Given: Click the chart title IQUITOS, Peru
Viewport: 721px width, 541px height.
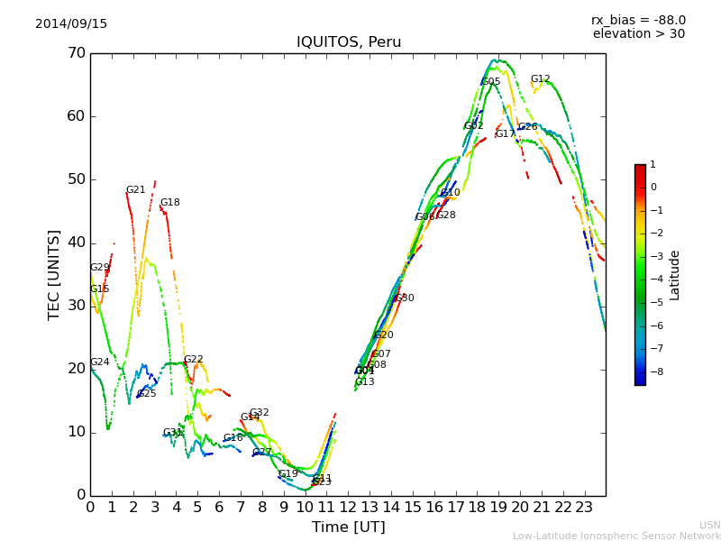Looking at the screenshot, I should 349,42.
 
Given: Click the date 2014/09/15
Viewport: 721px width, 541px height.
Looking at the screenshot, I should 71,24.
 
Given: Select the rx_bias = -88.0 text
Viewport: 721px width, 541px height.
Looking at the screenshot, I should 638,20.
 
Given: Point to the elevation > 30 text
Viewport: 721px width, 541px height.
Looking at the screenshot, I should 638,34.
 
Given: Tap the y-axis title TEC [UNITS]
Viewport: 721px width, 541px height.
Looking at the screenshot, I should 54,274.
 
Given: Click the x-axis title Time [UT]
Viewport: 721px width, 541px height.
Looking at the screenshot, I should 348,527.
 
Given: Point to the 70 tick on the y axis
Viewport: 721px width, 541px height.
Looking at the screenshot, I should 76,53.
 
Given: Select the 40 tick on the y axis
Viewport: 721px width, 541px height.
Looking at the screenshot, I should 76,243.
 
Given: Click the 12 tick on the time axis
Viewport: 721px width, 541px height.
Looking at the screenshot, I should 348,507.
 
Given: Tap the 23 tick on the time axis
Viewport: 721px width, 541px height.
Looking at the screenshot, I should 584,507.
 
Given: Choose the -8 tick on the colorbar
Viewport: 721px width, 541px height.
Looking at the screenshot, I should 653,371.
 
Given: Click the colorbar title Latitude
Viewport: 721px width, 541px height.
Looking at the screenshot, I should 675,275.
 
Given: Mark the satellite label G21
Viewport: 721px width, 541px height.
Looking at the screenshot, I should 135,190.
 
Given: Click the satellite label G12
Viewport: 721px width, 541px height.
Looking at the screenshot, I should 540,79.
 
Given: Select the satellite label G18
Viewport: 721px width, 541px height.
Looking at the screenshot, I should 169,203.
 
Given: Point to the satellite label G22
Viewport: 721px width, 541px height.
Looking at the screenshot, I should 193,360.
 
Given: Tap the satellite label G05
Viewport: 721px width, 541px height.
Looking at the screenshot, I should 491,82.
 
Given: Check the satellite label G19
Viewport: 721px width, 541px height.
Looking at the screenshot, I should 287,474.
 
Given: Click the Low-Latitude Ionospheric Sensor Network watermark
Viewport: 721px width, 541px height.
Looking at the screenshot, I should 616,536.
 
